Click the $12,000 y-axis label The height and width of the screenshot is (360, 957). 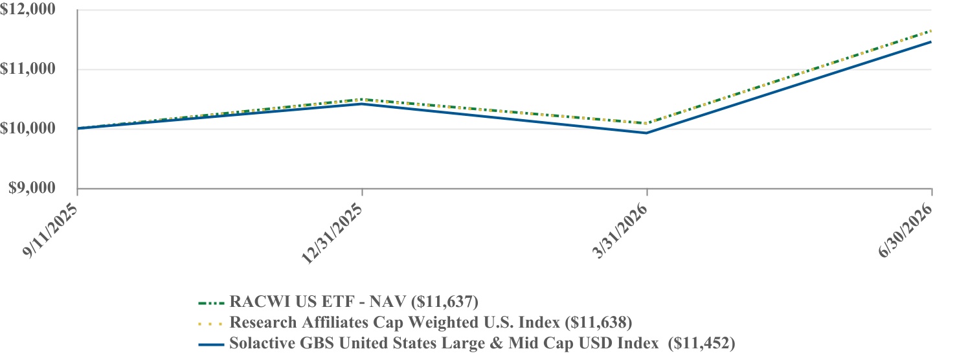pyautogui.click(x=28, y=9)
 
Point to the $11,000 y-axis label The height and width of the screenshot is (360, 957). pyautogui.click(x=28, y=69)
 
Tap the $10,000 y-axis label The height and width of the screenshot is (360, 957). pyautogui.click(x=28, y=128)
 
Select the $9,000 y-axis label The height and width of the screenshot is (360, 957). pyautogui.click(x=32, y=188)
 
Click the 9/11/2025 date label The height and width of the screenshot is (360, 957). pyautogui.click(x=51, y=230)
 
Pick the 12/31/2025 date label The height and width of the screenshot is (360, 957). pyautogui.click(x=332, y=233)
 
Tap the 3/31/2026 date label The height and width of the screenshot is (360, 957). pyautogui.click(x=620, y=230)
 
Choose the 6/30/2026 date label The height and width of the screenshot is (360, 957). pyautogui.click(x=905, y=230)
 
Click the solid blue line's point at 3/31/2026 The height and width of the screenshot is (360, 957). pyautogui.click(x=646, y=133)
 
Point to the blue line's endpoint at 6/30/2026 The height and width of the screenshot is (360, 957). pyautogui.click(x=931, y=42)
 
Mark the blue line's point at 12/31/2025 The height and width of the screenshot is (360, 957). pyautogui.click(x=363, y=104)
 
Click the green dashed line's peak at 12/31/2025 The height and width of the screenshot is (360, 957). pyautogui.click(x=363, y=99)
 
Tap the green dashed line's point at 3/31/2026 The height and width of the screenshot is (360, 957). pyautogui.click(x=646, y=124)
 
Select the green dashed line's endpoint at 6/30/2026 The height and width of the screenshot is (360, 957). pyautogui.click(x=931, y=30)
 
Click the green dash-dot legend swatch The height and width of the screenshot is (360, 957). pyautogui.click(x=211, y=303)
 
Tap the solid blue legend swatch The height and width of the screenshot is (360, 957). pyautogui.click(x=211, y=344)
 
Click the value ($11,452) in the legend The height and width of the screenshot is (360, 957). pyautogui.click(x=701, y=343)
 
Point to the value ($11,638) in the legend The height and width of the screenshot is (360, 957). pyautogui.click(x=598, y=322)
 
